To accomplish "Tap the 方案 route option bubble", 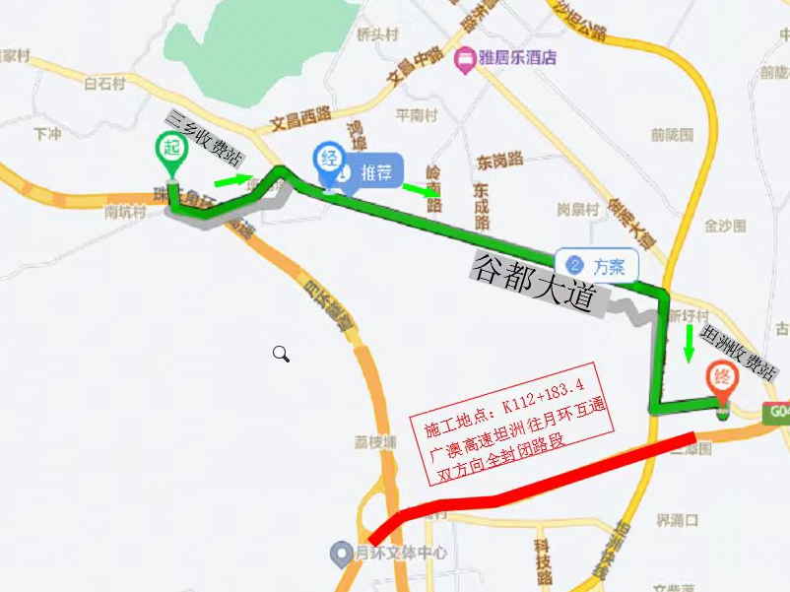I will (597, 265).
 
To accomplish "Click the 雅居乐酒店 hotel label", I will (516, 58).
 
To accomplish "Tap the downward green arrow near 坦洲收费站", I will (687, 341).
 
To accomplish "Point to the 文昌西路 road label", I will (299, 119).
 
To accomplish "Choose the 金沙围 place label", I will (725, 226).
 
